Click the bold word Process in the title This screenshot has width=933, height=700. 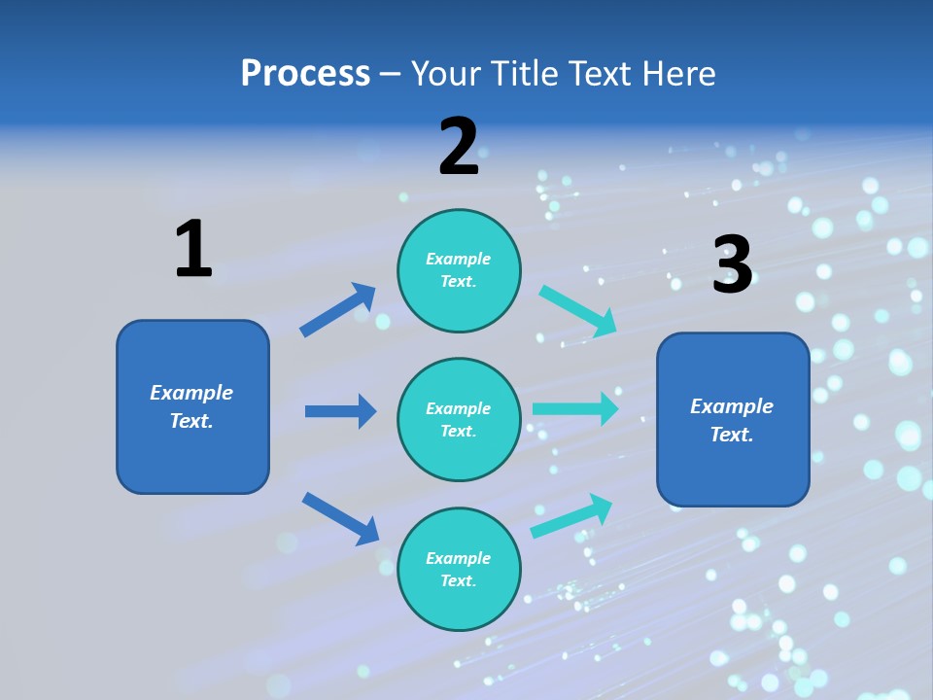click(305, 73)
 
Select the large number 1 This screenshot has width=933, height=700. click(193, 249)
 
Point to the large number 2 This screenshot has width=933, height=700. click(459, 147)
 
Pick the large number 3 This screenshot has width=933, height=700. click(732, 264)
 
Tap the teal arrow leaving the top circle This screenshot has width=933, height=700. click(578, 310)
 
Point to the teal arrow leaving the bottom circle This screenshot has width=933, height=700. click(571, 516)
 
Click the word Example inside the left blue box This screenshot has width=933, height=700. click(191, 393)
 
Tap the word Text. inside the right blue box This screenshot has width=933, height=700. click(732, 435)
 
